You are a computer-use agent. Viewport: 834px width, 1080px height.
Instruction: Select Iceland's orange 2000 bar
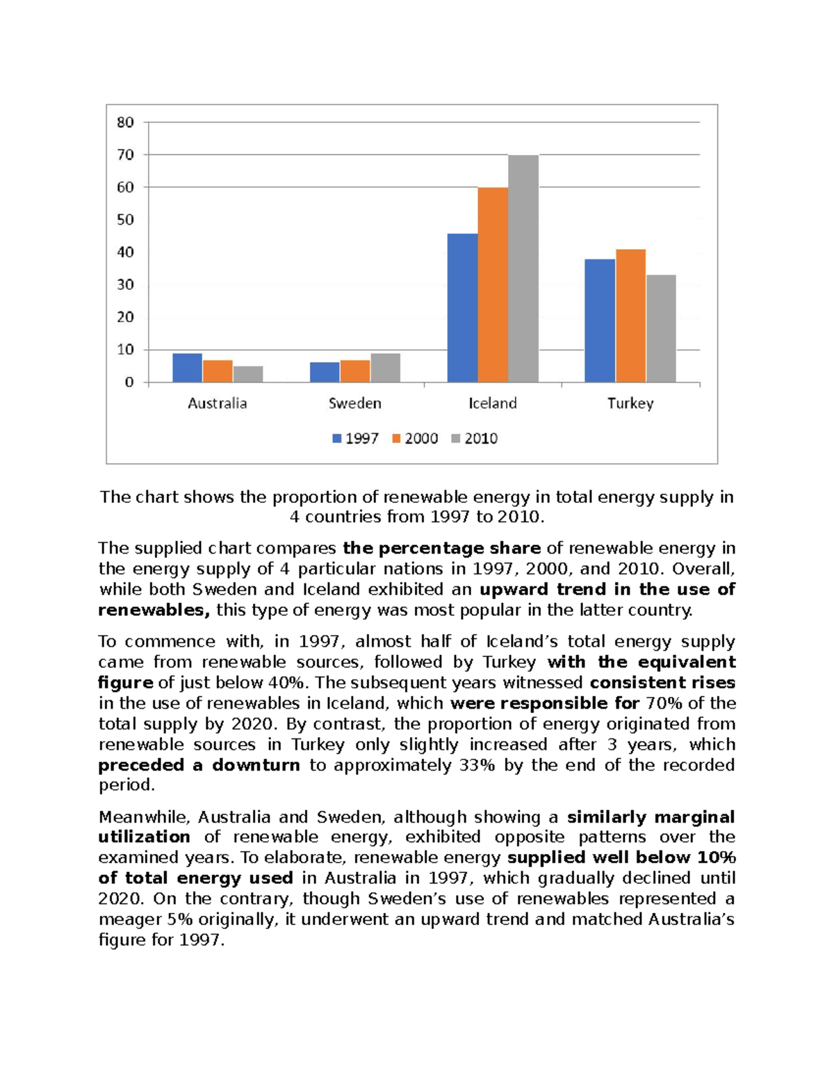(x=493, y=285)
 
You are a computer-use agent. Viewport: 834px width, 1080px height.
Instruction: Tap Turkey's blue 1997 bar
(x=600, y=321)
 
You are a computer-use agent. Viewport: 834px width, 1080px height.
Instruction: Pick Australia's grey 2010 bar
(x=248, y=374)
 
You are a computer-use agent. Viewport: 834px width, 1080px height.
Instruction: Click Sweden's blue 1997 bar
(x=325, y=372)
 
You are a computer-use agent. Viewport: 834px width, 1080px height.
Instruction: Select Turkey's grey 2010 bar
(x=661, y=328)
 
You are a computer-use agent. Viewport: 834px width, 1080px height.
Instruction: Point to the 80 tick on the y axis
(x=126, y=122)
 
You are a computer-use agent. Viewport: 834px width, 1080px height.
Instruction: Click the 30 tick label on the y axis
(x=126, y=284)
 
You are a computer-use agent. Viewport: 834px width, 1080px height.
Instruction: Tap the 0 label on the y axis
(x=129, y=382)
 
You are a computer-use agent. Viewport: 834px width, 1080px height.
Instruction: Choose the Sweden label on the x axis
(x=354, y=403)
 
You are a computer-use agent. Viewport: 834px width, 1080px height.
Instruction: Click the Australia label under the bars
(x=217, y=403)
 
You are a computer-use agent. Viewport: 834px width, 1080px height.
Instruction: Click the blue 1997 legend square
(x=337, y=439)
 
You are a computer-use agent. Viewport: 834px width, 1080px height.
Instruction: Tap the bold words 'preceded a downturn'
(x=199, y=765)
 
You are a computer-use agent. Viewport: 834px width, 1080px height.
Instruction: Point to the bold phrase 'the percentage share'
(x=441, y=548)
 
